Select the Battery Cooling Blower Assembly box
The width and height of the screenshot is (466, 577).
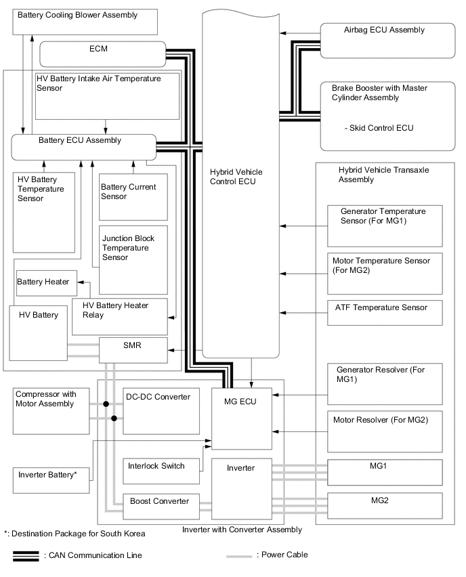pos(85,21)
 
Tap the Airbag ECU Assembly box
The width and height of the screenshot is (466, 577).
pos(387,40)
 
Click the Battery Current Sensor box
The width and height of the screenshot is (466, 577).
pos(133,198)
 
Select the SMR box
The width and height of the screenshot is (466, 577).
pos(133,349)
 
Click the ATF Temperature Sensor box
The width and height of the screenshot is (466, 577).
pos(385,312)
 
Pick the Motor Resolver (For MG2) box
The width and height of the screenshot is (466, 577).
pos(385,431)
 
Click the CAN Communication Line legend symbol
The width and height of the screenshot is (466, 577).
pos(26,556)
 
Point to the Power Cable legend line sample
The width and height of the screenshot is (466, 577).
pos(239,556)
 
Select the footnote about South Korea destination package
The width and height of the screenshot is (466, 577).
pos(75,534)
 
